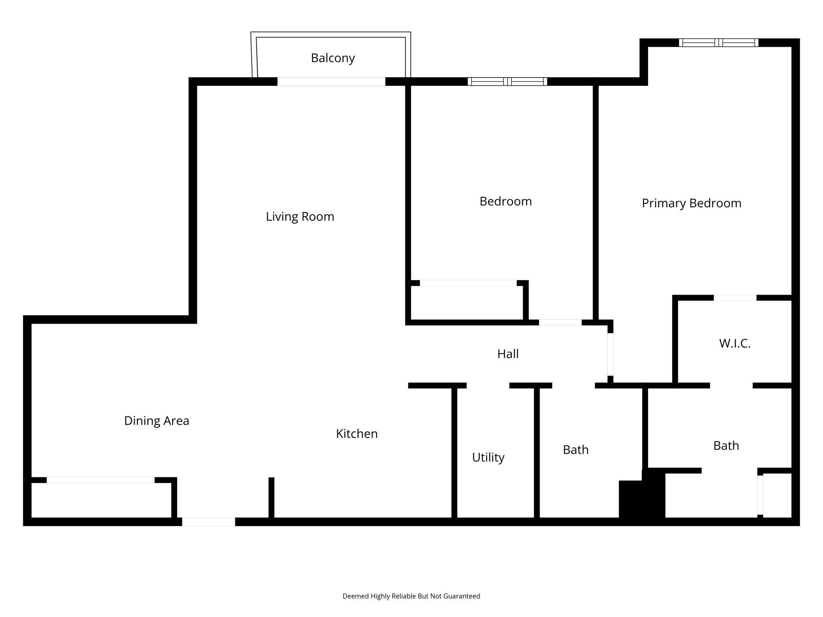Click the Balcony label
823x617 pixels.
(333, 58)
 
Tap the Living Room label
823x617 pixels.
(300, 216)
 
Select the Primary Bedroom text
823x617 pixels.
(691, 203)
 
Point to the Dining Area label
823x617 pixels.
(157, 421)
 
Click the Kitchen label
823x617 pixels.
(357, 434)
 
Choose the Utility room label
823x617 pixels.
(488, 458)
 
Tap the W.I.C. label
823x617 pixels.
(735, 343)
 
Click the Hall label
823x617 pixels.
(508, 354)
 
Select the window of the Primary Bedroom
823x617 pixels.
(719, 43)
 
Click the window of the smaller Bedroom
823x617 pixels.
(507, 81)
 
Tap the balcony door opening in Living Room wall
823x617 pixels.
(331, 81)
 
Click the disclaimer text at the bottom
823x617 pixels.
(411, 596)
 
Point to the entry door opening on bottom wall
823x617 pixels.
(209, 522)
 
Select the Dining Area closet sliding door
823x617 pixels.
(101, 480)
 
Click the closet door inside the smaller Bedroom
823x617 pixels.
(468, 283)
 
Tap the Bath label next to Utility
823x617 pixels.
(576, 450)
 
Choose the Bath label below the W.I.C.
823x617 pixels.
(726, 446)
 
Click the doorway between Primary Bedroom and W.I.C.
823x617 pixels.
(735, 298)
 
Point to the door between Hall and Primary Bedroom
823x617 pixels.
(611, 354)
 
